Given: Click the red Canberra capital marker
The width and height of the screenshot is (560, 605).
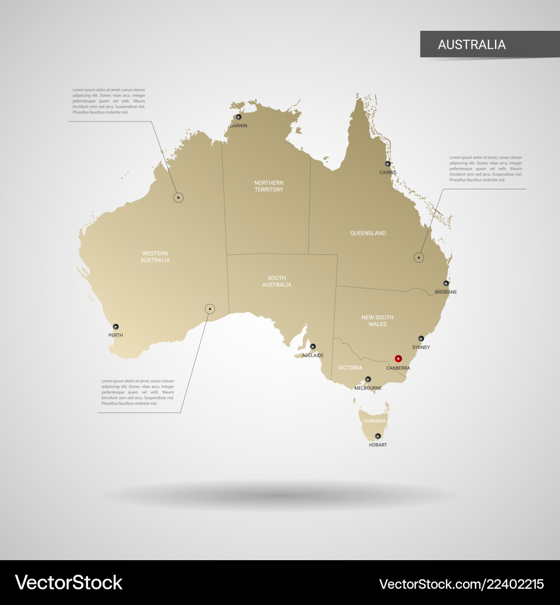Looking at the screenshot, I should (x=398, y=359).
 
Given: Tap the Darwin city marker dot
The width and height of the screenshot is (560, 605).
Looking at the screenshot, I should (x=239, y=117).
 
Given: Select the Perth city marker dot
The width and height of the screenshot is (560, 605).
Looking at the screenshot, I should (x=116, y=327).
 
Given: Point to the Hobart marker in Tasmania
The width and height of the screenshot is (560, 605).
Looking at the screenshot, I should (x=377, y=436).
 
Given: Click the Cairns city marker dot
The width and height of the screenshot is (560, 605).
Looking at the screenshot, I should (x=388, y=164).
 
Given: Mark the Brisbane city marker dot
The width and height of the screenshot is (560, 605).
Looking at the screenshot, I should (x=446, y=283).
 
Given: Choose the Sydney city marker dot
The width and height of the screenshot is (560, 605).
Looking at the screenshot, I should (x=421, y=338).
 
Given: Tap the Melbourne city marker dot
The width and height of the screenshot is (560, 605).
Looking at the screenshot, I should (x=368, y=379).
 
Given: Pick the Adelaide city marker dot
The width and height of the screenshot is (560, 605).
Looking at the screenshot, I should (x=313, y=346).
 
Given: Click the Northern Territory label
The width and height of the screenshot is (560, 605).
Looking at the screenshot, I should (x=269, y=186).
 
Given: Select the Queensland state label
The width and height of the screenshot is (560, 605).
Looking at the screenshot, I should (x=368, y=233).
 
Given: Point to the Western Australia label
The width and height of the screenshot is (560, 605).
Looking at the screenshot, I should (x=155, y=257).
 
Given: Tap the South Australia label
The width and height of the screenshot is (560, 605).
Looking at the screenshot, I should (x=277, y=281).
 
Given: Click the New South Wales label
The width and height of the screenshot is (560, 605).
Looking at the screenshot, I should (x=377, y=320).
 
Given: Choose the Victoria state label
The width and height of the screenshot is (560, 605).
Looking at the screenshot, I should (x=350, y=367).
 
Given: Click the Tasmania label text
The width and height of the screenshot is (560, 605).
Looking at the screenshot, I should (x=374, y=421).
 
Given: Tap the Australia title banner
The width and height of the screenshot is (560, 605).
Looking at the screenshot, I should (x=472, y=44).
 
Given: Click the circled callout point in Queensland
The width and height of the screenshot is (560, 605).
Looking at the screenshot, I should (x=419, y=258).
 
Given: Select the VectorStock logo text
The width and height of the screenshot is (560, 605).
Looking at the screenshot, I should (x=68, y=583).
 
